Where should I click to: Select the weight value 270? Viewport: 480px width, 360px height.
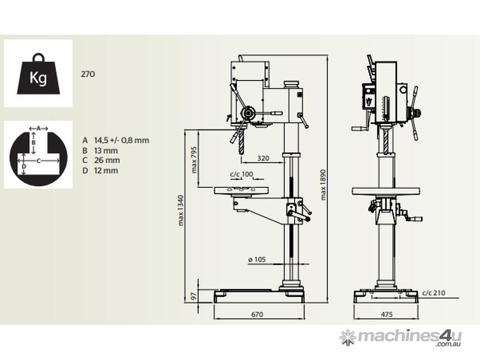click(x=88, y=74)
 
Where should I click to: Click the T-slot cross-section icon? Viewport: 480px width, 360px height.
click(x=38, y=155)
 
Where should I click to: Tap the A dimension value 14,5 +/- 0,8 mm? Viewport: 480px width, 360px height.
click(x=121, y=140)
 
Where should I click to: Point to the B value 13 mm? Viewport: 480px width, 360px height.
click(x=106, y=150)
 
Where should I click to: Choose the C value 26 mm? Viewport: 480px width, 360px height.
click(x=107, y=160)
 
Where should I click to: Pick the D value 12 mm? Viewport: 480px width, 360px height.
click(x=106, y=170)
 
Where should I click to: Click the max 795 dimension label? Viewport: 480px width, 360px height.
click(x=194, y=159)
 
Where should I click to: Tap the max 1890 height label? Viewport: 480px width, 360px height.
click(x=323, y=185)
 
